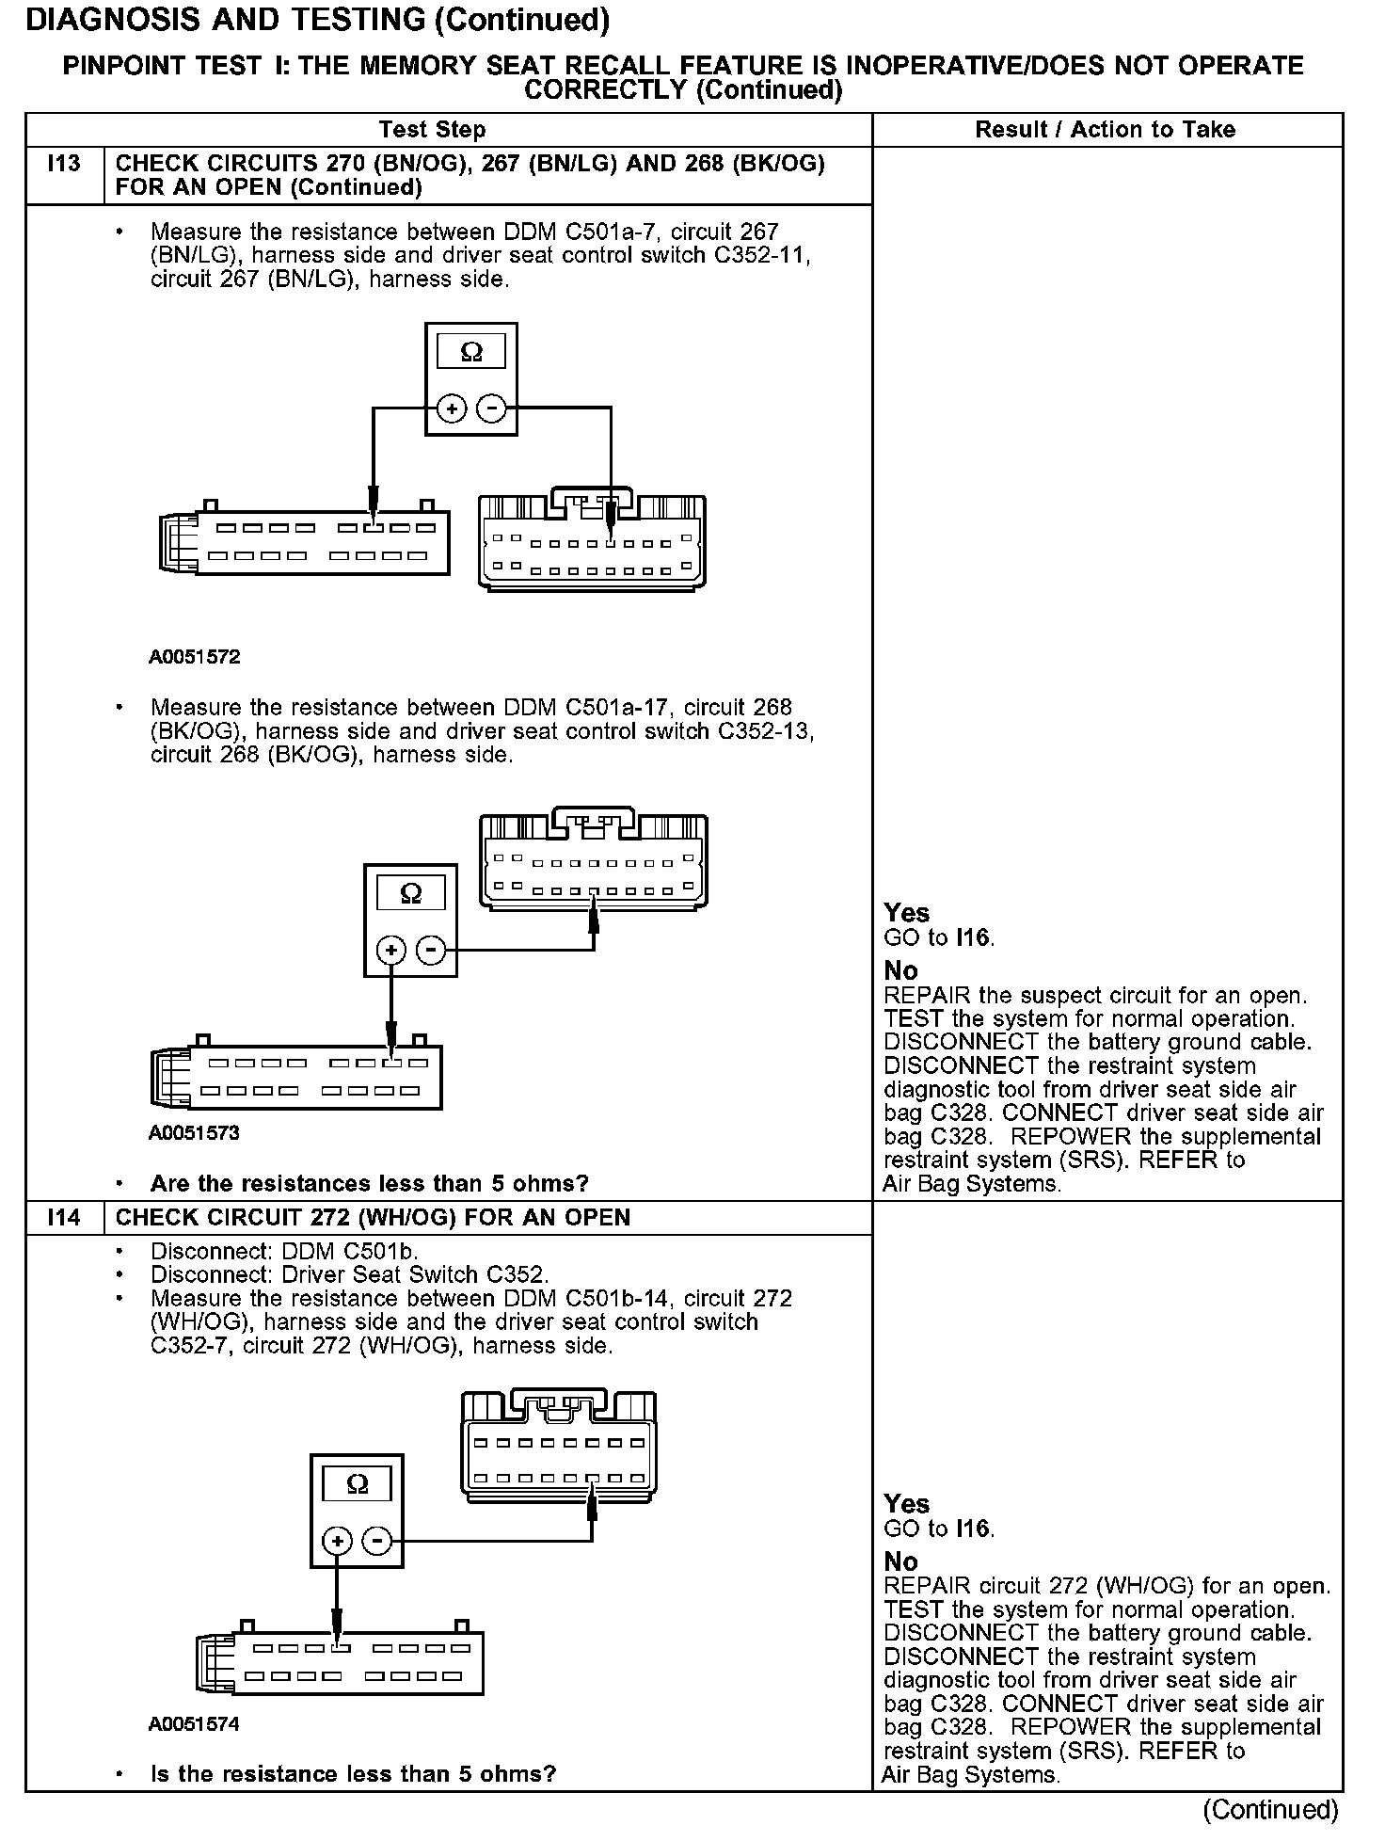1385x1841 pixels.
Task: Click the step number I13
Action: pos(64,164)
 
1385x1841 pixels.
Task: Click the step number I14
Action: pos(64,1217)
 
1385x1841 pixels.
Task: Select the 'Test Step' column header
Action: pos(432,130)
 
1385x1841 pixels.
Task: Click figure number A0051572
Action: pos(194,657)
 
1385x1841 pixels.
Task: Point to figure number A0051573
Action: pos(194,1132)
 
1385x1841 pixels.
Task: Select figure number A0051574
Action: pos(194,1723)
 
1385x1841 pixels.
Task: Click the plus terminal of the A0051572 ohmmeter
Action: pos(453,409)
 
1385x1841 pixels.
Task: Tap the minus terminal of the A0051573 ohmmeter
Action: pos(431,951)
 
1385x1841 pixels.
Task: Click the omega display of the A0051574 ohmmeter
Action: pos(357,1484)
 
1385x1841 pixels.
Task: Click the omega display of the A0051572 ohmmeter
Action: pos(471,352)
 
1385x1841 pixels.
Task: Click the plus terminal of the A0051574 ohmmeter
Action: pos(337,1541)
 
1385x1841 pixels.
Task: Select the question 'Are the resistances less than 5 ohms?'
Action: pos(369,1183)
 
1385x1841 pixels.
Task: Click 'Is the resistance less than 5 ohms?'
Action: pos(353,1774)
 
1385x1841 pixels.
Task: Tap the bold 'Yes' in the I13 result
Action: pos(906,913)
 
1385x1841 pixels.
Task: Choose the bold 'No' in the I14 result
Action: pos(900,1561)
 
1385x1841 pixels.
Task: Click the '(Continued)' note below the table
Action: pos(1270,1809)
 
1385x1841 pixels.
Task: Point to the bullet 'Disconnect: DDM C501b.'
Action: pos(284,1252)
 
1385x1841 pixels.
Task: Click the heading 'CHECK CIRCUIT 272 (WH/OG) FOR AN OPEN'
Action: pos(373,1217)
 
